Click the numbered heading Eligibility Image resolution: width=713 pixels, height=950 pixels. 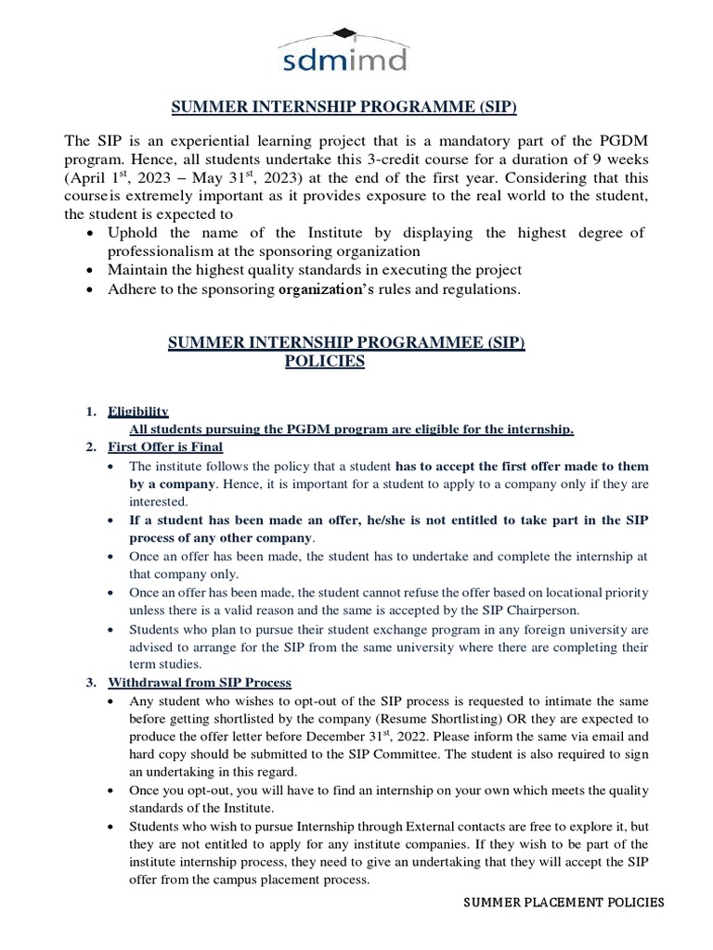tap(138, 411)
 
